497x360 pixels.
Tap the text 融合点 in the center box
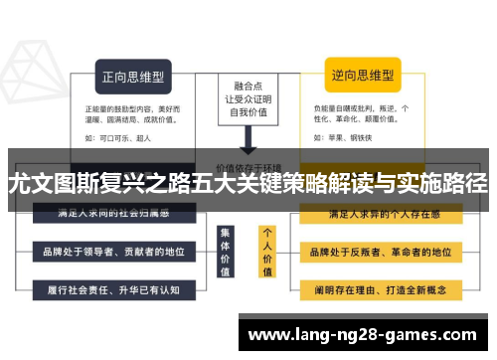tap(247, 86)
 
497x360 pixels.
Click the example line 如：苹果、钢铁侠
tap(343, 139)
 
